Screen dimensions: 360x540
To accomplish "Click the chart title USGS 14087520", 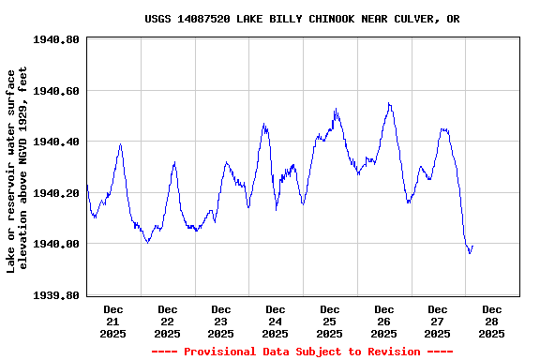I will coord(302,19).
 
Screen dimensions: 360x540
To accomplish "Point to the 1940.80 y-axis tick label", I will coord(57,40).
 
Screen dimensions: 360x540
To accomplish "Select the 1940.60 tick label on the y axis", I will coord(57,91).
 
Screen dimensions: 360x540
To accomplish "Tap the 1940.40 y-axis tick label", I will coord(57,142).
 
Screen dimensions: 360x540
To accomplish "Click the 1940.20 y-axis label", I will coord(57,193).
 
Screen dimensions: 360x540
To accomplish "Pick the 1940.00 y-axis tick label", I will coord(57,244).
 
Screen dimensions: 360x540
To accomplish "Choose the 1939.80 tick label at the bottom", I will coord(57,295).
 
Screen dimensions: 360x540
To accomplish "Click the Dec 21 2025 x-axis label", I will coord(113,321).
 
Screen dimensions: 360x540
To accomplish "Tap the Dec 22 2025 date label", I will coord(167,321).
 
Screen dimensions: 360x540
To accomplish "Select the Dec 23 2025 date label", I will coord(221,321).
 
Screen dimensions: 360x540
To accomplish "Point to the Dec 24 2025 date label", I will coord(276,321).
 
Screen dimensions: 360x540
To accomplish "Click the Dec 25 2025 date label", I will coord(329,321).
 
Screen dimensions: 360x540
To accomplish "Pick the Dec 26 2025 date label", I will coord(383,321).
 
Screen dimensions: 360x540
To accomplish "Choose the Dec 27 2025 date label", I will coord(438,321).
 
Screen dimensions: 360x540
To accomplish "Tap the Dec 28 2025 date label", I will coord(491,321).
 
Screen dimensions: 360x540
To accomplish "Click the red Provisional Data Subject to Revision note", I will coord(302,352).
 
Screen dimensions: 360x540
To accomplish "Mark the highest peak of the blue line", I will coord(389,103).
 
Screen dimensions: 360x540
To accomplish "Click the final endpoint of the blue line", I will coord(472,246).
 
